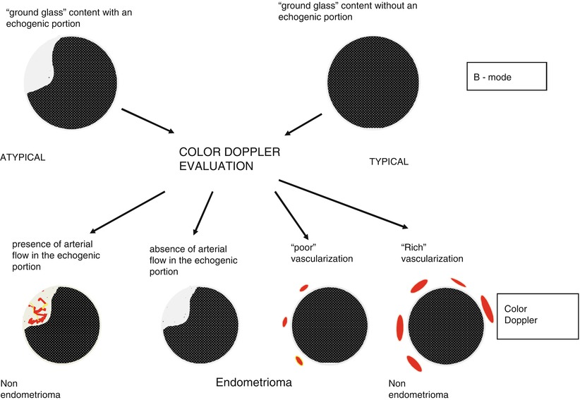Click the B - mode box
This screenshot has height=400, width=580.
point(507,76)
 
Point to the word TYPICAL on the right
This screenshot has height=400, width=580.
point(389,162)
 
